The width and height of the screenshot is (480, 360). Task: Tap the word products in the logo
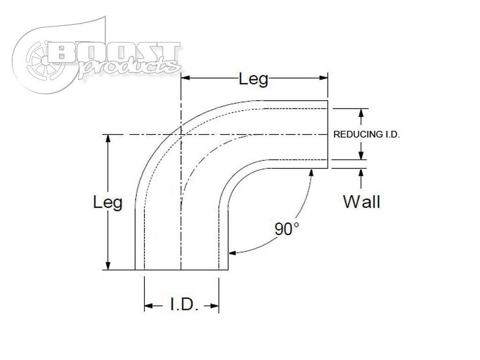pyautogui.click(x=129, y=66)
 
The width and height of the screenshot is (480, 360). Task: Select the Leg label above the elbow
pyautogui.click(x=254, y=79)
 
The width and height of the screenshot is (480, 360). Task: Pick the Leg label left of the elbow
pyautogui.click(x=108, y=202)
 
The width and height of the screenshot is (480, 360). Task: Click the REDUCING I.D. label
pyautogui.click(x=366, y=134)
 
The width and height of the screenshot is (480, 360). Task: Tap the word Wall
pyautogui.click(x=361, y=202)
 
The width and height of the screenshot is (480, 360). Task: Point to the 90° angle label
pyautogui.click(x=286, y=229)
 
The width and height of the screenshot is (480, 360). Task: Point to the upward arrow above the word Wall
pyautogui.click(x=361, y=173)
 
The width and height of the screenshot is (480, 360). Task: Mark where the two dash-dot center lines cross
pyautogui.click(x=181, y=135)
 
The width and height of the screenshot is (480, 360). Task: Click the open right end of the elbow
pyautogui.click(x=327, y=135)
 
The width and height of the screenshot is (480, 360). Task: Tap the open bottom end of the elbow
pyautogui.click(x=181, y=270)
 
